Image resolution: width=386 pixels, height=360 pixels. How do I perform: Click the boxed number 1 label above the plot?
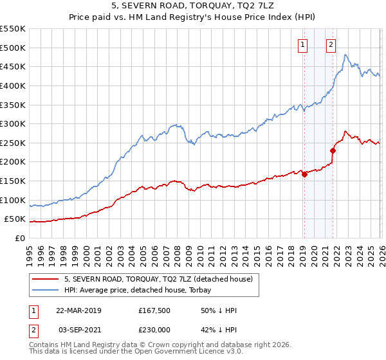(302, 44)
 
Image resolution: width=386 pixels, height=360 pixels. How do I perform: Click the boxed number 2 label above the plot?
(331, 44)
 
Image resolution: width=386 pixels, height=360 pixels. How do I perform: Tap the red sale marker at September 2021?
(333, 151)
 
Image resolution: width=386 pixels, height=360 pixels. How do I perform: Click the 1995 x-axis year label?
(30, 251)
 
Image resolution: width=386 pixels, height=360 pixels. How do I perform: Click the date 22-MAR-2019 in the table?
(78, 310)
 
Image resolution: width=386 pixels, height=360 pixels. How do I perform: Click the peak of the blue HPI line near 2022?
(345, 55)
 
